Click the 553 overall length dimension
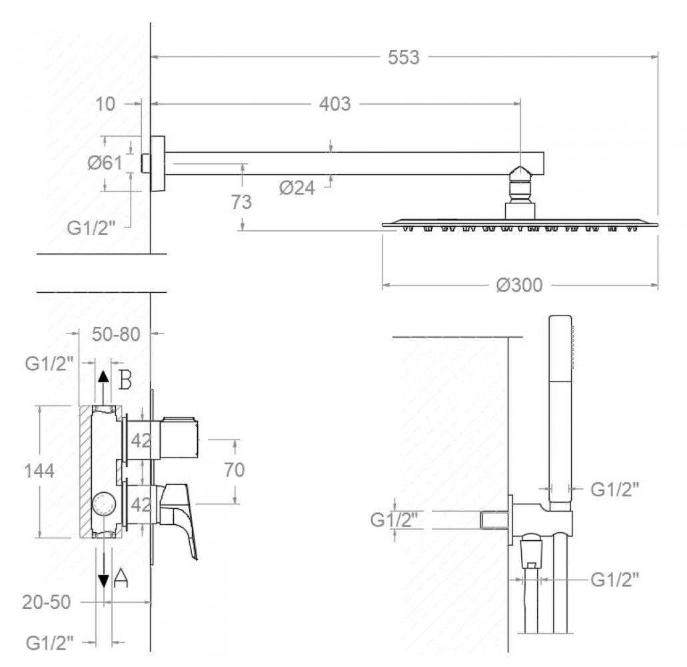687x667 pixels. pos(404,57)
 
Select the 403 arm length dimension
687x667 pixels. pos(335,104)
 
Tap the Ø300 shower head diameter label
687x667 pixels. pos(519,285)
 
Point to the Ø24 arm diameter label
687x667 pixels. pos(297,188)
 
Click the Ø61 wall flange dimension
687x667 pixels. pos(105,163)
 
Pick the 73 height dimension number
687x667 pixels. pos(241,202)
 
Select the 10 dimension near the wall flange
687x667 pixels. pos(105,104)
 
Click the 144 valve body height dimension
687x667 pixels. pos(39,471)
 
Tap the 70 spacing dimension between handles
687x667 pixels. pos(235,470)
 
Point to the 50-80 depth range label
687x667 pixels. pos(116,335)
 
